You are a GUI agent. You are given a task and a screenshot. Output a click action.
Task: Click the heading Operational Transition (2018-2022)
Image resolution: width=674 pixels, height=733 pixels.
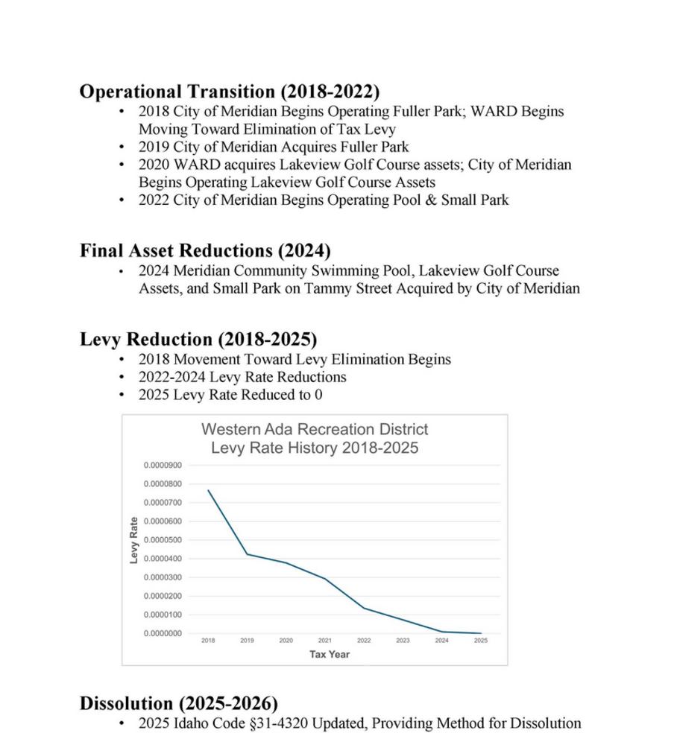[230, 92]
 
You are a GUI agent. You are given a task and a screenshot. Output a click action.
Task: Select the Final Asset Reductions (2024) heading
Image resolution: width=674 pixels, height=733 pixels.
[205, 250]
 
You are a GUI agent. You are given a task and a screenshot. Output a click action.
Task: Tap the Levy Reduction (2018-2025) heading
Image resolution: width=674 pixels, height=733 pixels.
[198, 340]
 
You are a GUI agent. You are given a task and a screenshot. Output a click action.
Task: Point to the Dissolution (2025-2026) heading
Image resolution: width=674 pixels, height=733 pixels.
[179, 703]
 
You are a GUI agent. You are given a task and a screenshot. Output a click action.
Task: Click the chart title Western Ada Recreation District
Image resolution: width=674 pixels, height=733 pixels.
[315, 430]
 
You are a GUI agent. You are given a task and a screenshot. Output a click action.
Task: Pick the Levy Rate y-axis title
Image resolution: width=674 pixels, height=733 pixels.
[134, 540]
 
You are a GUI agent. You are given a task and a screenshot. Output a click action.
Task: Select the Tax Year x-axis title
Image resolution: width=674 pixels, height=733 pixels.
[330, 654]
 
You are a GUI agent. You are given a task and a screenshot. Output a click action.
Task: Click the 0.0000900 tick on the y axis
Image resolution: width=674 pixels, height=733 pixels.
[163, 466]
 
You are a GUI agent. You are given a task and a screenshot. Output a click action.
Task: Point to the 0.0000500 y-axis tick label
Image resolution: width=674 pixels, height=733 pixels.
[163, 540]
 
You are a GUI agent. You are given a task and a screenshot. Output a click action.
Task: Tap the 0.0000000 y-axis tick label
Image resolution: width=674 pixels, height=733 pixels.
[163, 633]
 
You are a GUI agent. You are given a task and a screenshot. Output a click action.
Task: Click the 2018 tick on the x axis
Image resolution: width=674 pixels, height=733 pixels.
[208, 641]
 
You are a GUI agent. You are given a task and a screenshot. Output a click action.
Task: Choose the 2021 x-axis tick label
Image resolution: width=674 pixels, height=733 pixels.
[325, 641]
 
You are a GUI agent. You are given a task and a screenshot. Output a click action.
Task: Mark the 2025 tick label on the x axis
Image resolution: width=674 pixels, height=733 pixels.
[481, 641]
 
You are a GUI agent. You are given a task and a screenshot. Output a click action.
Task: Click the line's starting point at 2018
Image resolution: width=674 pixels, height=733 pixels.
[208, 490]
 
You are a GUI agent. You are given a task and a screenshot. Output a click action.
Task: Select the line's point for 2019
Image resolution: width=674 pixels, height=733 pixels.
[247, 554]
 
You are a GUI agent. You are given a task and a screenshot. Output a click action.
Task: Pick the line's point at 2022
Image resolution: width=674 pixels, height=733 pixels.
[364, 608]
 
